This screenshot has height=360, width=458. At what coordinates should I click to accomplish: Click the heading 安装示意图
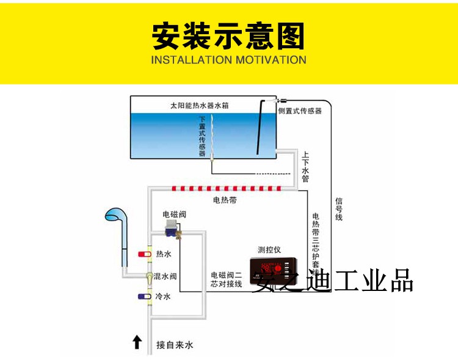(x=228, y=37)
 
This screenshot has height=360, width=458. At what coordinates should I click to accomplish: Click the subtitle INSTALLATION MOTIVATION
(x=228, y=60)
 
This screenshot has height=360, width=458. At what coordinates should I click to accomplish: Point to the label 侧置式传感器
(x=299, y=111)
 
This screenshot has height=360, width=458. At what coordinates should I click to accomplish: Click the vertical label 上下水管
(x=305, y=166)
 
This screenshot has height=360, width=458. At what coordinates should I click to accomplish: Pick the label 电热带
(x=224, y=199)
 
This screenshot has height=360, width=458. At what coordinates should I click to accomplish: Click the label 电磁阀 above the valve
(x=173, y=214)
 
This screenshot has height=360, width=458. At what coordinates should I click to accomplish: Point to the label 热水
(x=163, y=254)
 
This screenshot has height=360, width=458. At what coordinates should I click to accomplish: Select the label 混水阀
(x=165, y=276)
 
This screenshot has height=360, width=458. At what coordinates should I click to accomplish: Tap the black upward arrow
(x=137, y=342)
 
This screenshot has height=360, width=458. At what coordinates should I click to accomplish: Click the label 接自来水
(x=174, y=345)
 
